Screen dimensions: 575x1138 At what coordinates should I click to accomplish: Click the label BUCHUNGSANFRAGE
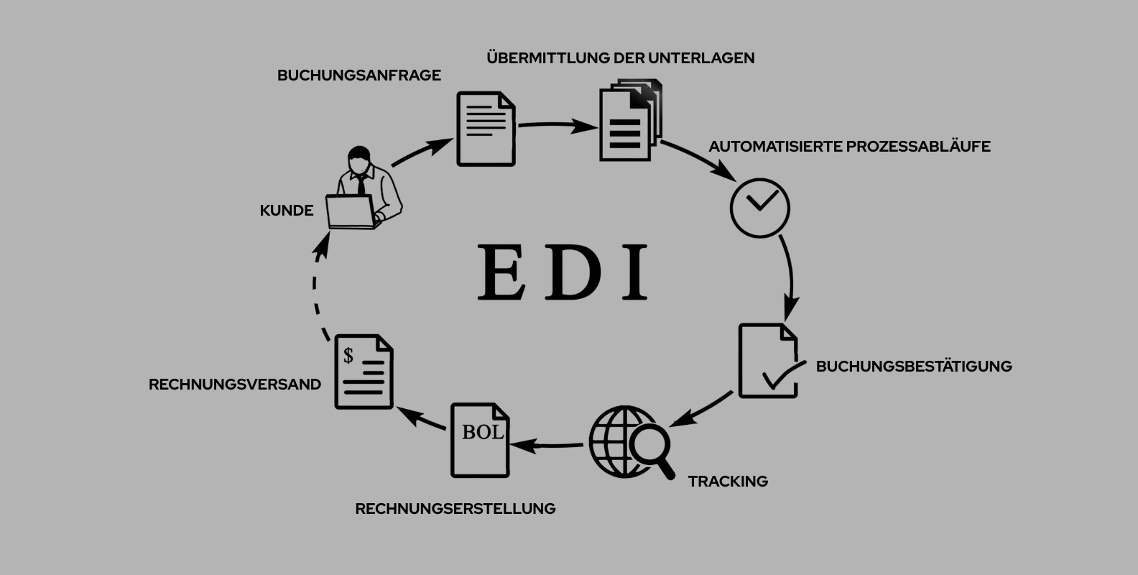358,75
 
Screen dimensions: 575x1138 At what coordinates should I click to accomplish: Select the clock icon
759,208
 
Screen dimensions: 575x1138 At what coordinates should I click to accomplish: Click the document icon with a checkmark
768,362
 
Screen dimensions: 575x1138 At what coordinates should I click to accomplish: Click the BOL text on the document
482,433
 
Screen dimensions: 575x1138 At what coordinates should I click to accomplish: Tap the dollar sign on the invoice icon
348,355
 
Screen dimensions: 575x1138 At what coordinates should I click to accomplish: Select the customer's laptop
351,212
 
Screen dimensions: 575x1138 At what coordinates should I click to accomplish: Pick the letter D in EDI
573,272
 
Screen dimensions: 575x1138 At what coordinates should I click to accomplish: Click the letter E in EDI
501,272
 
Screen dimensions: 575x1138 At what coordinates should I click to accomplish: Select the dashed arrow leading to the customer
316,287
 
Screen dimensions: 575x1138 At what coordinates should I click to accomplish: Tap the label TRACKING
728,482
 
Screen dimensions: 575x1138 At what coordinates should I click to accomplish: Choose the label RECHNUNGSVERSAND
234,385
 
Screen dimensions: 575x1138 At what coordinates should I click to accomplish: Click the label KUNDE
286,211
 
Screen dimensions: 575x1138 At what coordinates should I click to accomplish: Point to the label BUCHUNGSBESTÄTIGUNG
913,367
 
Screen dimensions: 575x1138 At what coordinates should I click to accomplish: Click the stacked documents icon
628,121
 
